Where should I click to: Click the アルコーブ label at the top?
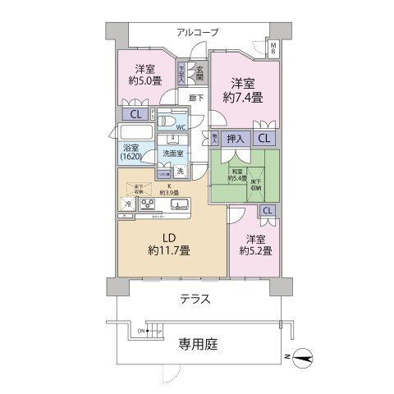tap(197, 32)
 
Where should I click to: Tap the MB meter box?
tap(274, 48)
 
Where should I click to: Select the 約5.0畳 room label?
tap(144, 75)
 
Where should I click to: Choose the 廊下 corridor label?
tap(195, 98)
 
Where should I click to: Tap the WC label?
tap(181, 127)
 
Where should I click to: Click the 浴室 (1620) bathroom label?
tap(131, 151)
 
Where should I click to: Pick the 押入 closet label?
tap(235, 139)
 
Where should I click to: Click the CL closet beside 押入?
tap(263, 139)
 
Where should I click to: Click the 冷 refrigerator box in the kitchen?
tap(128, 204)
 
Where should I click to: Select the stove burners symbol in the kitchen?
tap(149, 204)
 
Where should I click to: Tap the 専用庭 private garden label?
tap(197, 345)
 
